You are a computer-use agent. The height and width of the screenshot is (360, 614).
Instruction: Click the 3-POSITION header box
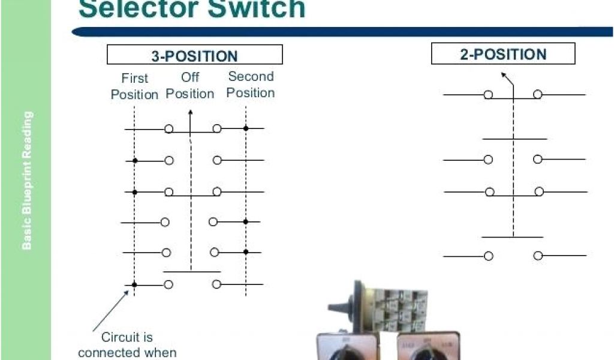tap(194, 55)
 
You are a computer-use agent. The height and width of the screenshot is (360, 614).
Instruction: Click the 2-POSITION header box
tap(503, 54)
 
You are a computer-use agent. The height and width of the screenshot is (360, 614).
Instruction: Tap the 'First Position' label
tap(134, 86)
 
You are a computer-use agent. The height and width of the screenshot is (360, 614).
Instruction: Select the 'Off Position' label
tap(190, 85)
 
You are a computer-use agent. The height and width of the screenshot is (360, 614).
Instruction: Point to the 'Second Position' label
tap(251, 85)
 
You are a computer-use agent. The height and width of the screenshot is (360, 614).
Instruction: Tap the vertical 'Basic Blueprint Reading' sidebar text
tap(27, 180)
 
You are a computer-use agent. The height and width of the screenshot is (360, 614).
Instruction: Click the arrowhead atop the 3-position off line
tap(190, 112)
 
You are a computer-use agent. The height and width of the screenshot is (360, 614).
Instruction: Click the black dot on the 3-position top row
tap(246, 128)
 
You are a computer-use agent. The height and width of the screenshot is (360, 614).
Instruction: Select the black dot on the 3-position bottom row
tap(135, 284)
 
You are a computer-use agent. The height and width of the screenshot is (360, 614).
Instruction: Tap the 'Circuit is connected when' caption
tap(127, 344)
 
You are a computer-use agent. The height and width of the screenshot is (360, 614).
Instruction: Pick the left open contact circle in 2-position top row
tap(488, 95)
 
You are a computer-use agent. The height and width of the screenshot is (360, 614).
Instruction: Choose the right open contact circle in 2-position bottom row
tap(538, 256)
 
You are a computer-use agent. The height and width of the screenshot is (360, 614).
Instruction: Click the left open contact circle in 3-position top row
tap(169, 128)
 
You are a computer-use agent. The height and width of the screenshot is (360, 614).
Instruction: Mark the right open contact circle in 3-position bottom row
tap(216, 284)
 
